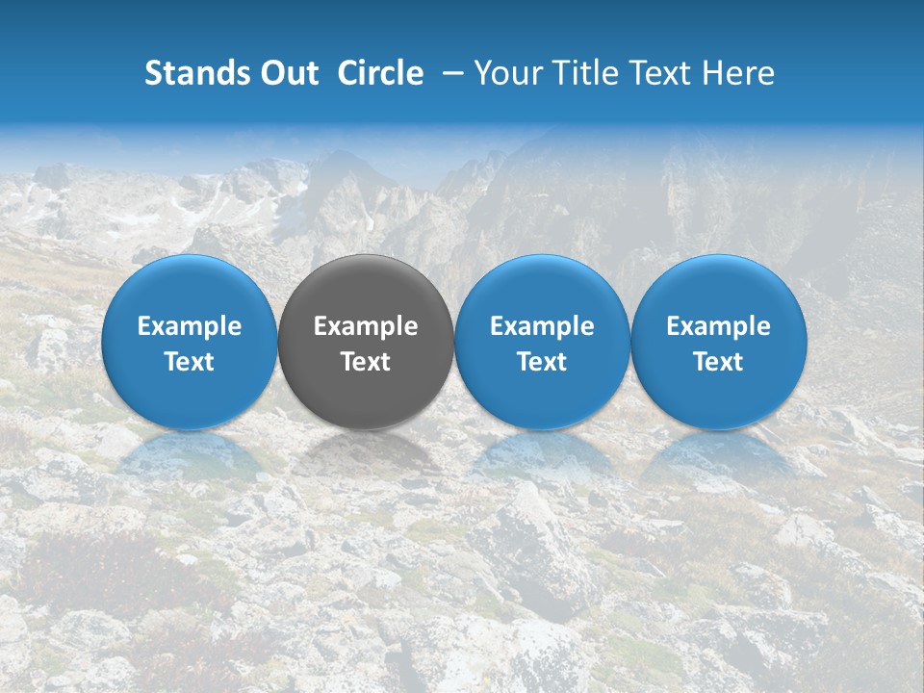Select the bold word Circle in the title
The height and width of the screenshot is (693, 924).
coord(380,73)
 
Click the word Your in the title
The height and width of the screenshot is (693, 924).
coord(506,73)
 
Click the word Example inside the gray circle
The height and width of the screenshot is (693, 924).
coord(366,326)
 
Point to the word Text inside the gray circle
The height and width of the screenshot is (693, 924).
coord(366,362)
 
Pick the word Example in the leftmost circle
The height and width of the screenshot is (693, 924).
coord(190,326)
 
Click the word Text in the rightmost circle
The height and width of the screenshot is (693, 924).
coord(719,362)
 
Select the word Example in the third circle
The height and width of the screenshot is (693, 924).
coord(542,326)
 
